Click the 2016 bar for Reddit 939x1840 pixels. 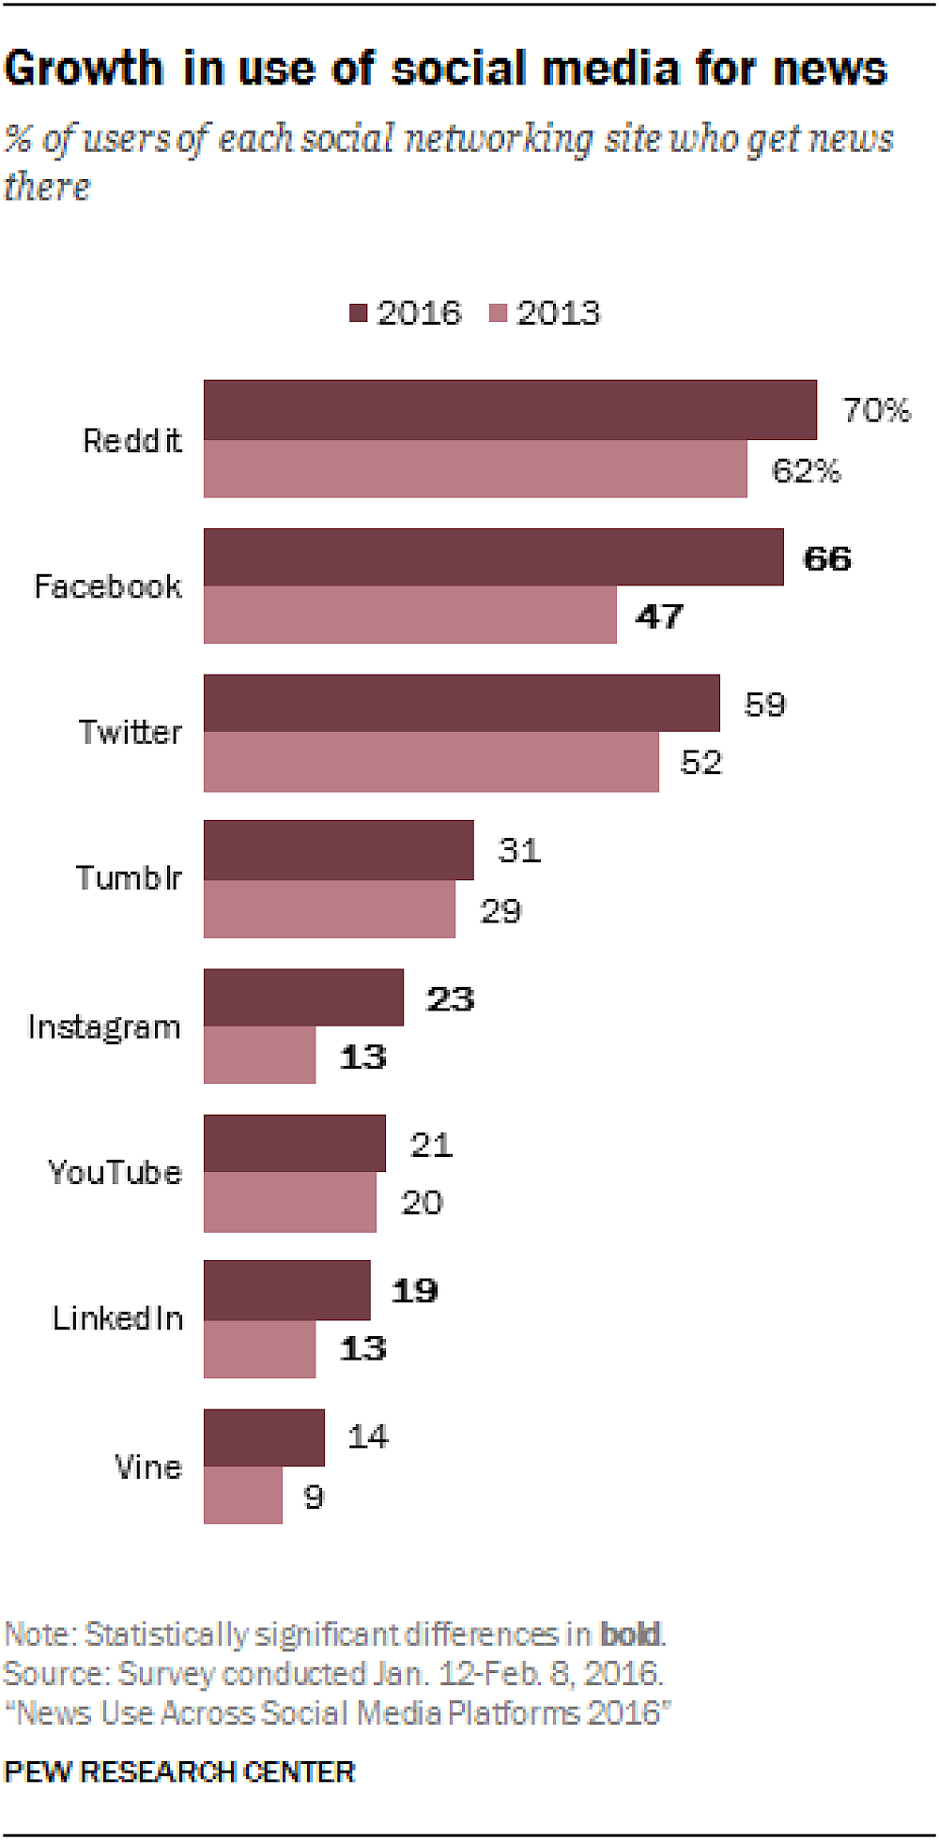[x=510, y=410]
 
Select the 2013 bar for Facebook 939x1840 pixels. [x=409, y=616]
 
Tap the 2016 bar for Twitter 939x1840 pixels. [x=461, y=703]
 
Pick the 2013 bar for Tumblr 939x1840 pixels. [x=329, y=909]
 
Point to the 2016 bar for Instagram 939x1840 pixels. [x=303, y=997]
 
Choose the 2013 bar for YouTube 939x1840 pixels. [x=289, y=1202]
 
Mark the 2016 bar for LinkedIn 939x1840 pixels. [x=286, y=1290]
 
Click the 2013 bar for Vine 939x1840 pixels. [x=242, y=1495]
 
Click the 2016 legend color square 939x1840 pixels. [x=358, y=312]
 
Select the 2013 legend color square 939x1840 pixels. [x=498, y=312]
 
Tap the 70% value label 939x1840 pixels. [x=876, y=410]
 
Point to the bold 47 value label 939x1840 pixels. [x=659, y=616]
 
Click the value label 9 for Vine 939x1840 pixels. [x=314, y=1496]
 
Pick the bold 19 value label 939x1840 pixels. [x=414, y=1291]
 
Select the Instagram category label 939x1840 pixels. [x=103, y=1027]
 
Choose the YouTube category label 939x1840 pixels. [x=115, y=1173]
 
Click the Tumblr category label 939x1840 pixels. [x=128, y=878]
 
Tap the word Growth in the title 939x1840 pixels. [x=84, y=69]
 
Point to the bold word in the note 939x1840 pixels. [x=631, y=1635]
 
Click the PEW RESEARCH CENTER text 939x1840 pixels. [x=179, y=1772]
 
